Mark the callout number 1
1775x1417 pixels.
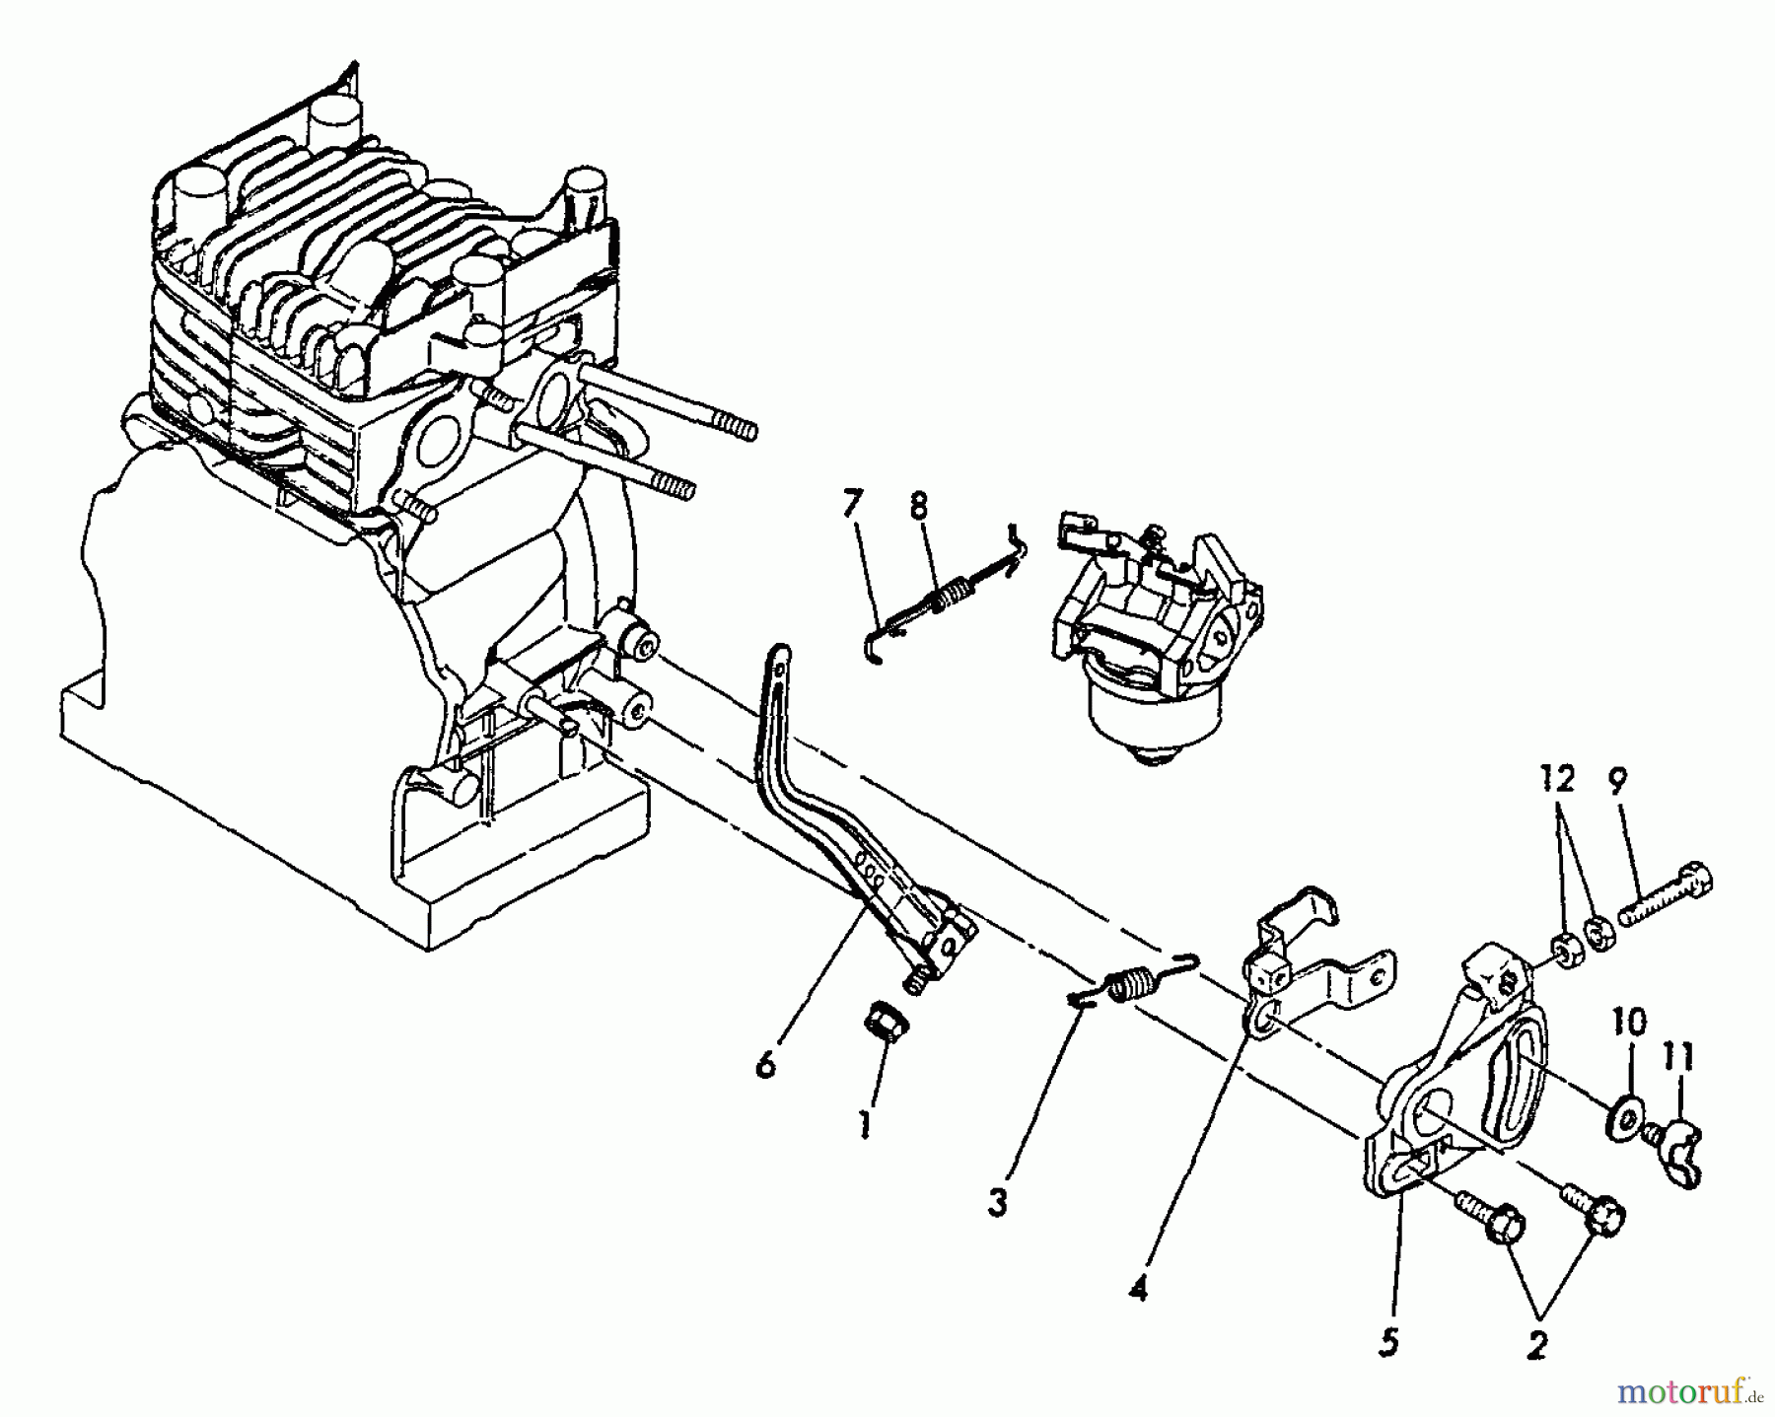coord(864,1124)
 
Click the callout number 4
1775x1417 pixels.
coord(1139,1288)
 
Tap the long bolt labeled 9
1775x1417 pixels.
coord(1666,896)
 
